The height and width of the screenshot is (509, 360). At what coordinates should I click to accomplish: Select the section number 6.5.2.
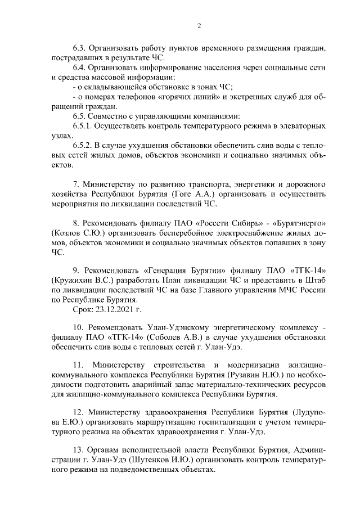coord(84,146)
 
